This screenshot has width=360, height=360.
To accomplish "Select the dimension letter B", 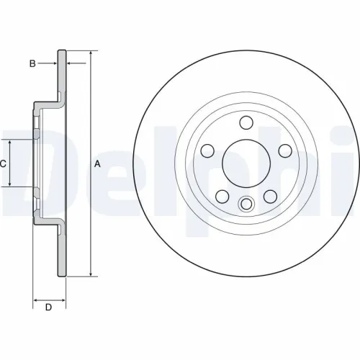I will click(x=32, y=64).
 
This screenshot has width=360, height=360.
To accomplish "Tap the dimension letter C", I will click(x=3, y=163).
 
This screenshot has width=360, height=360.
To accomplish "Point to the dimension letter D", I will click(x=48, y=308).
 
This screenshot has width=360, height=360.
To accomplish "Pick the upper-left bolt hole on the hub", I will click(x=208, y=150).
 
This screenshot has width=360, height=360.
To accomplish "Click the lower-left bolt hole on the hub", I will click(x=222, y=195).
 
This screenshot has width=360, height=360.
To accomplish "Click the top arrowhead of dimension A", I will click(x=91, y=54).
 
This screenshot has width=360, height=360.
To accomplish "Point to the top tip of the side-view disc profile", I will click(x=63, y=50).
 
